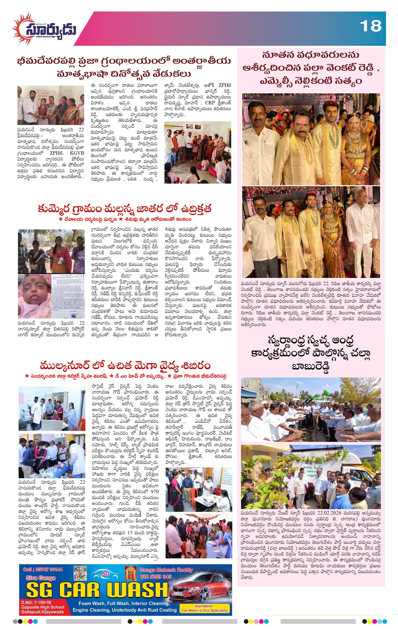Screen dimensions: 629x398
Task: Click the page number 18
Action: tap(370, 26)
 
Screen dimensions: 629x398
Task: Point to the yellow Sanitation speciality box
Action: tap(204, 608)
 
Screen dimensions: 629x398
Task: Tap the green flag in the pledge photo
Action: tap(326, 392)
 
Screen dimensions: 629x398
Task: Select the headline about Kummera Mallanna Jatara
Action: tap(124, 209)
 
